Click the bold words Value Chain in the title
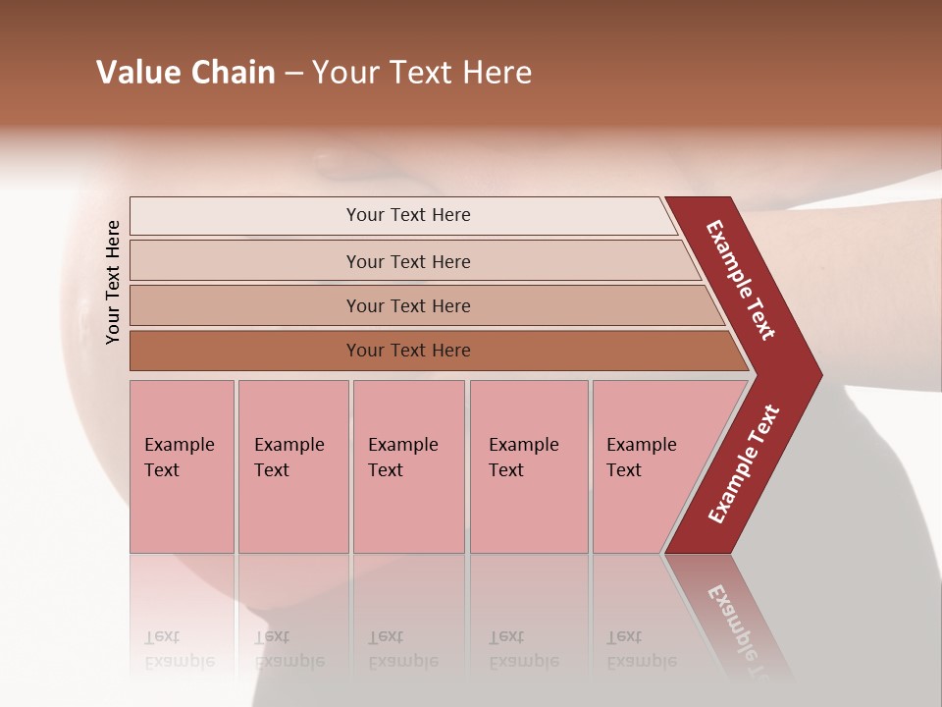pos(185,73)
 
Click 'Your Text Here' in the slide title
pos(422,73)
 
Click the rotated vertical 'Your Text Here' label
pos(114,282)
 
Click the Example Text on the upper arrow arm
pos(741,280)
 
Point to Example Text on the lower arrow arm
pos(744,464)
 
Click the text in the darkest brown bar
pos(408,351)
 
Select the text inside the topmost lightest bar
pos(408,215)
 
